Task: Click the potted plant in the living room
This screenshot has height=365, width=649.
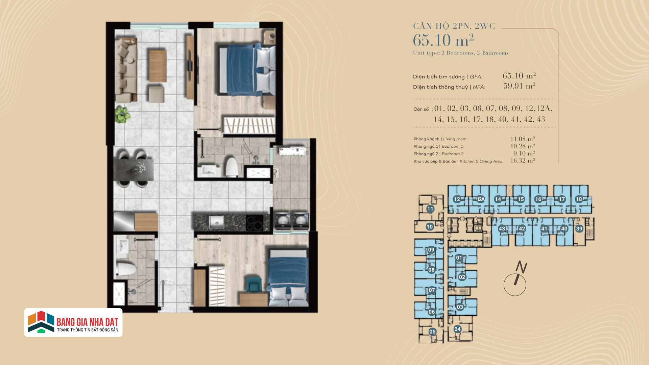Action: click(122, 115)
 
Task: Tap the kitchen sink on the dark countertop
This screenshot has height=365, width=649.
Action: click(216, 222)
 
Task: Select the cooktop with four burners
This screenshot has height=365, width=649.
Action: click(255, 222)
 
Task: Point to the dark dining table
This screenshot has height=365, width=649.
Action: click(133, 169)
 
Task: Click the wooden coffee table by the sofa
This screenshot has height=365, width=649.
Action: click(158, 66)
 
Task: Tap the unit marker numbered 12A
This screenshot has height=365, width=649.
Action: click(480, 199)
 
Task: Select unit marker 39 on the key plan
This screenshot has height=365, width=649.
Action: click(579, 228)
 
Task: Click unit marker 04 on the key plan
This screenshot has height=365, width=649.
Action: click(457, 329)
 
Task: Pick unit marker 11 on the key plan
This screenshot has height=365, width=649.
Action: click(430, 209)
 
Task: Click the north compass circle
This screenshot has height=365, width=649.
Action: click(515, 285)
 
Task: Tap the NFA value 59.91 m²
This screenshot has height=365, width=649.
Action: click(519, 86)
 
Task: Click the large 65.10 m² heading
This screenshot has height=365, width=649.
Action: click(443, 40)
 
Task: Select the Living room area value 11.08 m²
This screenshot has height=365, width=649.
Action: click(523, 139)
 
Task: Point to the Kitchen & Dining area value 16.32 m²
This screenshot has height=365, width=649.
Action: click(523, 161)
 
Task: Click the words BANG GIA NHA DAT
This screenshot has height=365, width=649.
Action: click(88, 322)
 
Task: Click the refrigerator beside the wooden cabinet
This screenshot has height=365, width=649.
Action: click(124, 222)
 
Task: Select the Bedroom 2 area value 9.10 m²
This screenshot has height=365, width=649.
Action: click(524, 153)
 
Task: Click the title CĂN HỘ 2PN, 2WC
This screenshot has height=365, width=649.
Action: click(454, 26)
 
